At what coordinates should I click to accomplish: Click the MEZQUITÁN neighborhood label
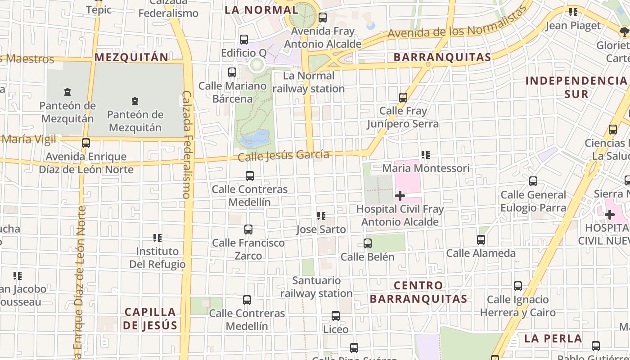[131, 57]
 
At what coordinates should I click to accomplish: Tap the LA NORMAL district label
[261, 9]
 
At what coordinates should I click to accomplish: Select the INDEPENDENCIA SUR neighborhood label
[576, 87]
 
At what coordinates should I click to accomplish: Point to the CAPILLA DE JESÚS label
[151, 319]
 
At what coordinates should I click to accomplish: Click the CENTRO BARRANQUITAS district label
[418, 292]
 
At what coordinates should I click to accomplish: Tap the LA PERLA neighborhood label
[553, 338]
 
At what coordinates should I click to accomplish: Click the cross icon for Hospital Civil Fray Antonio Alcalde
[400, 196]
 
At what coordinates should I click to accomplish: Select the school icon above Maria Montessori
[425, 155]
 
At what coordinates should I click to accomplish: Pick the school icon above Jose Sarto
[321, 216]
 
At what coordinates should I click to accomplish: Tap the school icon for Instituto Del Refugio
[157, 238]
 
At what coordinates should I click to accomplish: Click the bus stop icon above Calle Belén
[368, 243]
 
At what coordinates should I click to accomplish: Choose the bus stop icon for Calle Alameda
[481, 240]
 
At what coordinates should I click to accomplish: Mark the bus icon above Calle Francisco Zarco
[248, 229]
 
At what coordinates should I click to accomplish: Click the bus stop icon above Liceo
[336, 316]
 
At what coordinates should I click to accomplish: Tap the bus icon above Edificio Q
[244, 40]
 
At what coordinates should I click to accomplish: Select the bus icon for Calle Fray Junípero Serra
[403, 97]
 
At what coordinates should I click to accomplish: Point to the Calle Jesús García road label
[283, 156]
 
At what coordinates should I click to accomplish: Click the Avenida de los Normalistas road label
[457, 28]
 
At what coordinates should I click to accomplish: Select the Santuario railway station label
[316, 287]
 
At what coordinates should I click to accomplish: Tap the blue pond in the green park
[255, 139]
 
